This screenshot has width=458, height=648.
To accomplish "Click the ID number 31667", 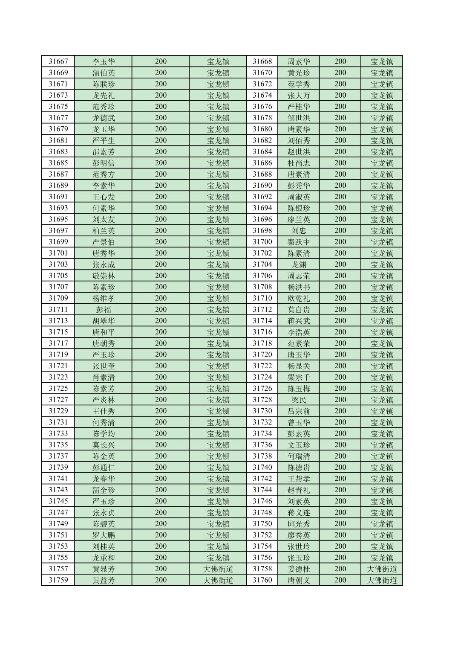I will [x=58, y=61].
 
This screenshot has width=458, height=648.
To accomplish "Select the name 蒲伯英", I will [x=104, y=73].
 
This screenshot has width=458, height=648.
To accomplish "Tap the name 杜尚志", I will [x=299, y=163].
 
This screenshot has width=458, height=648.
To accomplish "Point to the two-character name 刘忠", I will [x=299, y=231].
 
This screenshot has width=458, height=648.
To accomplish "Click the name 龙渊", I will [x=299, y=264].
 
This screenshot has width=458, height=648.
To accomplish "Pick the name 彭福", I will [x=104, y=310].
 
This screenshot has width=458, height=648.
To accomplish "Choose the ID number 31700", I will [x=262, y=242].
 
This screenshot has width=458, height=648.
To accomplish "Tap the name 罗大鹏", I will [x=104, y=535].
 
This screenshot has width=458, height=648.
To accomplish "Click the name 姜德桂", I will [x=299, y=569].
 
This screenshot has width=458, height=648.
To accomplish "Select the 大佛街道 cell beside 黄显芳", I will [x=218, y=569].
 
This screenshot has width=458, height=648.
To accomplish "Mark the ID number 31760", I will [x=262, y=580].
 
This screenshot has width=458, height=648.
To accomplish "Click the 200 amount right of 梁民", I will [x=340, y=400].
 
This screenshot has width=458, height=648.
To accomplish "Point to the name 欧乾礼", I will [x=299, y=298].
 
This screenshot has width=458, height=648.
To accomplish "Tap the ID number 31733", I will [x=58, y=433].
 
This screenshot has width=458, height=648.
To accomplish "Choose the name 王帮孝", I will [x=299, y=479].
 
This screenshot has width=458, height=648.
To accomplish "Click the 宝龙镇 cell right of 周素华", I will [x=382, y=61].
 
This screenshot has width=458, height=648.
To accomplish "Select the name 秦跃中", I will [x=299, y=242].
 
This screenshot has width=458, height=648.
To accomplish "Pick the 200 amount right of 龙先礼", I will [x=161, y=95].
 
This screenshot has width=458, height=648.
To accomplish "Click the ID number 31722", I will [x=262, y=366].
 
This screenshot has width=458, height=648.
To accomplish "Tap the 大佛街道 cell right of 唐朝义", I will [x=382, y=580].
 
